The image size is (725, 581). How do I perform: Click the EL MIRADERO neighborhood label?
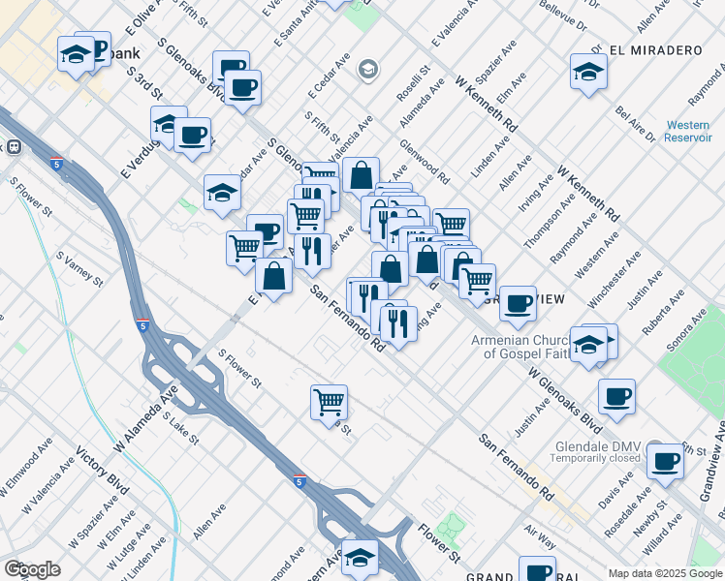click(654, 48)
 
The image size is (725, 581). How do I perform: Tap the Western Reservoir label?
click(687, 131)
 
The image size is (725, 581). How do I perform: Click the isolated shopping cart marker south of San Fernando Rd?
click(330, 400)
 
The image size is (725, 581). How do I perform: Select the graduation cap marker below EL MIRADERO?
click(588, 73)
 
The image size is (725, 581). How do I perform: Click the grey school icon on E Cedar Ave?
click(367, 69)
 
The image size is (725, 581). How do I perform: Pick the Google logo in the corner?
click(32, 569)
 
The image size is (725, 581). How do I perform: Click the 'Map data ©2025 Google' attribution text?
click(664, 573)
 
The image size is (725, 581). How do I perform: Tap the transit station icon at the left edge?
click(14, 147)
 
